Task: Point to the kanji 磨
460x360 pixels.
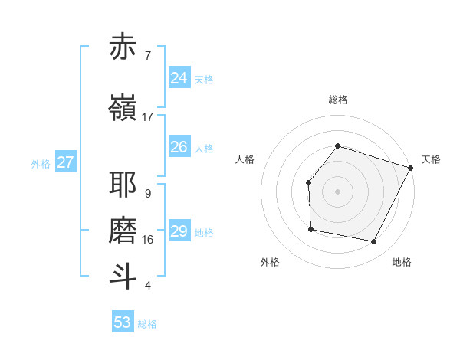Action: click(x=123, y=231)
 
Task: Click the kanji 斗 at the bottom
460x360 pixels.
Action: click(x=123, y=277)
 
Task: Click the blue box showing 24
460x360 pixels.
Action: click(x=179, y=78)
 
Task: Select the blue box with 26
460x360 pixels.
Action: click(x=179, y=147)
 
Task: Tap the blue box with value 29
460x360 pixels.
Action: click(x=179, y=231)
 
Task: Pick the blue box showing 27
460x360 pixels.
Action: click(x=65, y=162)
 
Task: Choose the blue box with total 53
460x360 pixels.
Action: click(x=122, y=322)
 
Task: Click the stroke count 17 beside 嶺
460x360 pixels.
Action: click(x=147, y=117)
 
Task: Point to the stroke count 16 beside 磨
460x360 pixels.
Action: click(x=147, y=240)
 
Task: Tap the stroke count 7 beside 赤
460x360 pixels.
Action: click(x=147, y=56)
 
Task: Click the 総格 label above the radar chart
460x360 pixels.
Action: click(x=337, y=100)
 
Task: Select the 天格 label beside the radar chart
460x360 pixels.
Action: click(x=431, y=159)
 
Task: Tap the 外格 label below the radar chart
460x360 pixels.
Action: click(x=270, y=262)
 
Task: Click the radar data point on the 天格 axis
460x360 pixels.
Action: click(x=411, y=168)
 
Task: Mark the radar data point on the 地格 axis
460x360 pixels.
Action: click(x=373, y=241)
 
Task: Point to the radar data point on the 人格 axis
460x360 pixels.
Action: click(x=308, y=182)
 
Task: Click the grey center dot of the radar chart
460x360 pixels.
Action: click(x=337, y=191)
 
